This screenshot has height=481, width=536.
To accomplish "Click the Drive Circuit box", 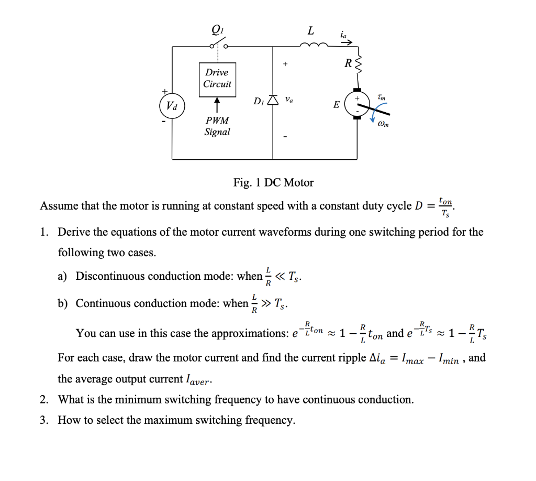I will [217, 79].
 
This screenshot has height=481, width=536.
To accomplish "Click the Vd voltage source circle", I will [172, 105].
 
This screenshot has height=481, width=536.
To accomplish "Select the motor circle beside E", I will [358, 104].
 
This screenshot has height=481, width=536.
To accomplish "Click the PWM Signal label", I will [217, 126].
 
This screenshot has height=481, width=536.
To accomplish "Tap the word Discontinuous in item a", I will [113, 276].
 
